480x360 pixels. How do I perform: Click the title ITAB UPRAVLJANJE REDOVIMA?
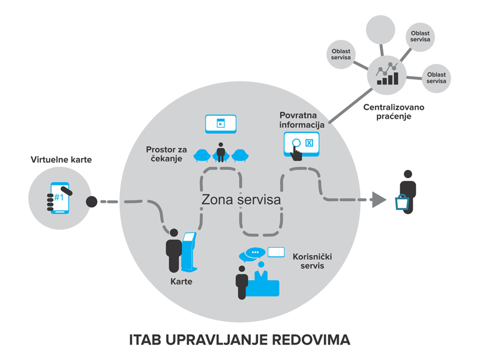pyautogui.click(x=239, y=339)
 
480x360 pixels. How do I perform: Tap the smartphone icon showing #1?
pyautogui.click(x=59, y=197)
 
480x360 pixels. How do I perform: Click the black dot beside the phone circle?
pyautogui.click(x=92, y=202)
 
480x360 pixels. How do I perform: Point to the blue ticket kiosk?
pyautogui.click(x=190, y=251)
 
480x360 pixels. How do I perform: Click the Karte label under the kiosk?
pyautogui.click(x=181, y=280)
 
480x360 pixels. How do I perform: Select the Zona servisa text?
pyautogui.click(x=241, y=200)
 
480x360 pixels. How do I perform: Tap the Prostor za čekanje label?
pyautogui.click(x=165, y=154)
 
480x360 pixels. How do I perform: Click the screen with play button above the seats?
pyautogui.click(x=221, y=124)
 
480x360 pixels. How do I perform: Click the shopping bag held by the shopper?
pyautogui.click(x=402, y=203)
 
